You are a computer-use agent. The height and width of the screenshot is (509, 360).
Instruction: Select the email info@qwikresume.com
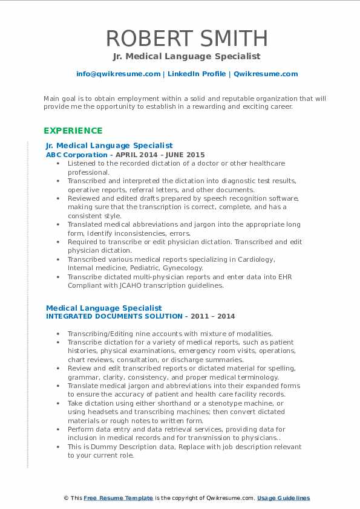pos(118,74)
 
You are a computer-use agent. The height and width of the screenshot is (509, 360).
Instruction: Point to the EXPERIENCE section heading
pos(73,130)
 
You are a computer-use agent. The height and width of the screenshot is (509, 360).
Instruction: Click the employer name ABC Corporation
pos(68,155)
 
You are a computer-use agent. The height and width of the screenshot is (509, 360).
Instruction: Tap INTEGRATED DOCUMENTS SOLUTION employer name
pos(114,316)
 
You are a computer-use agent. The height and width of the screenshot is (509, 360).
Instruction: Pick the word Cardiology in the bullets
pos(256,259)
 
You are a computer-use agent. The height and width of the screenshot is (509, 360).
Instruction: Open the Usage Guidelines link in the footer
pos(283,498)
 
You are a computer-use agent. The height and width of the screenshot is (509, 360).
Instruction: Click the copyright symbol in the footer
pos(66,498)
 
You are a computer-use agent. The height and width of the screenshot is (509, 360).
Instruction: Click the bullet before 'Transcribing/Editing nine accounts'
pos(57,333)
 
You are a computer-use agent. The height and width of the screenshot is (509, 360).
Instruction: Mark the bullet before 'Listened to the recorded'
pos(57,163)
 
